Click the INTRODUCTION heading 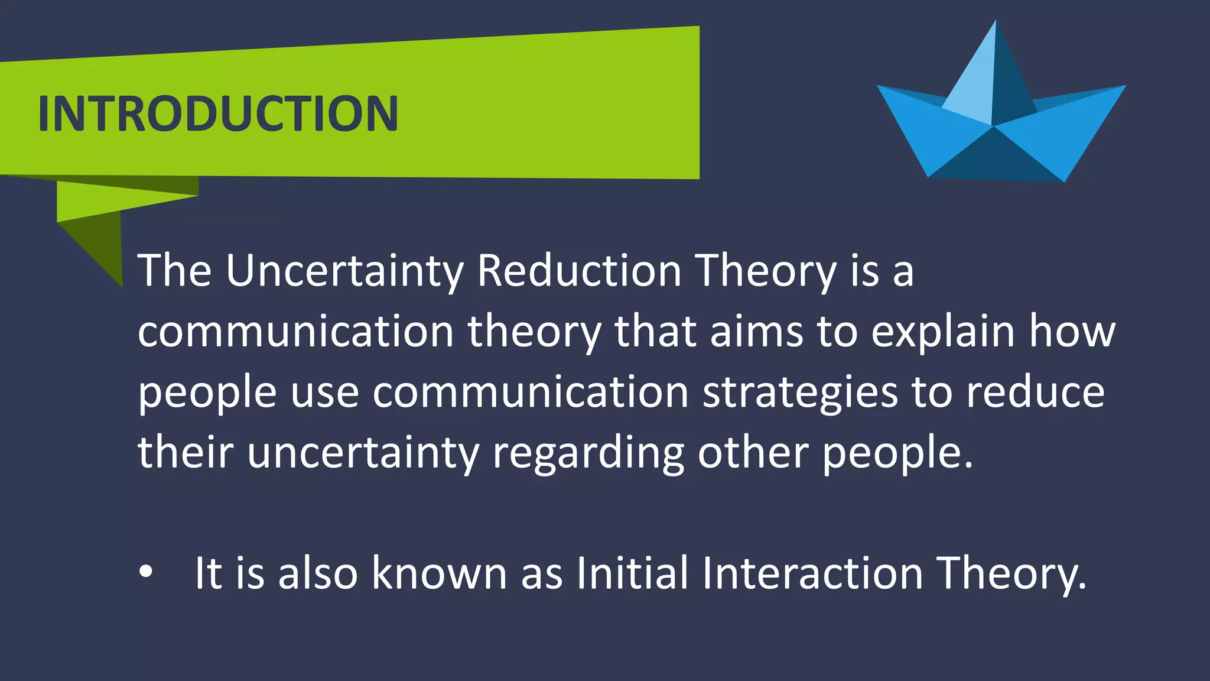pyautogui.click(x=218, y=113)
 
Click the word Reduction pyautogui.click(x=579, y=271)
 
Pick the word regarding pyautogui.click(x=588, y=454)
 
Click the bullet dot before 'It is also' pyautogui.click(x=145, y=572)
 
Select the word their pyautogui.click(x=186, y=453)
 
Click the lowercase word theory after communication pyautogui.click(x=534, y=332)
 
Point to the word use pyautogui.click(x=324, y=394)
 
